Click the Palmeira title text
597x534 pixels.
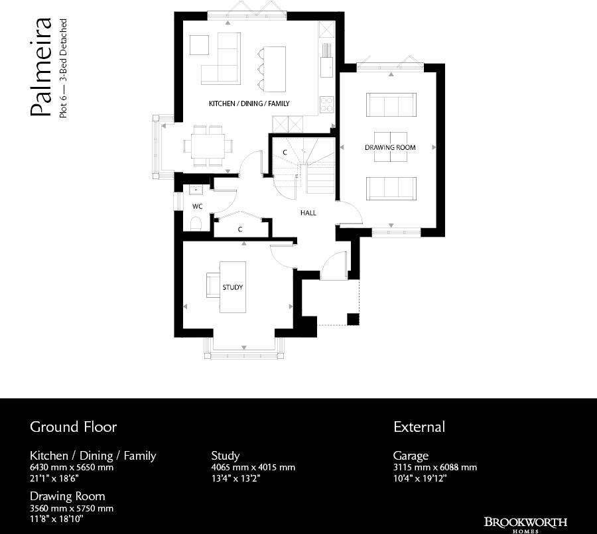(40, 69)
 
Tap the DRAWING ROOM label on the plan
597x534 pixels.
(390, 147)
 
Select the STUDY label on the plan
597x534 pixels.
(232, 288)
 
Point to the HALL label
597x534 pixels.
(308, 214)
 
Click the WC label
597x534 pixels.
(197, 206)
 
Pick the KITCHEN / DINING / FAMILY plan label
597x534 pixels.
(249, 104)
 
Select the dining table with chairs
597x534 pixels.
(208, 145)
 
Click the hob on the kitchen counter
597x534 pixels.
(327, 103)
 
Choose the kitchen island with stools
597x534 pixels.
(272, 68)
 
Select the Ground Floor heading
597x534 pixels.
(73, 427)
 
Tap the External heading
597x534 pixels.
(419, 427)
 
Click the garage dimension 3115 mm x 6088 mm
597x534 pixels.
(434, 467)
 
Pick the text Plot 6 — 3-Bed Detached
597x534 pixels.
(63, 69)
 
